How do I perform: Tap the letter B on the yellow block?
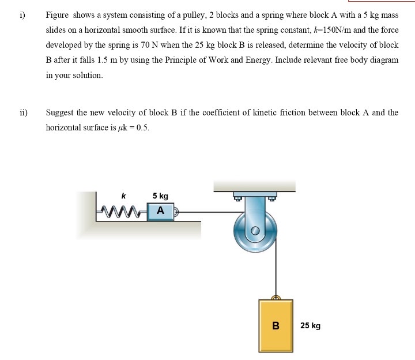coord(276,325)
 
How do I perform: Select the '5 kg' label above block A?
coord(160,196)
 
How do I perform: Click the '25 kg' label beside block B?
coord(311,326)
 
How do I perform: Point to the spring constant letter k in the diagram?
coord(124,196)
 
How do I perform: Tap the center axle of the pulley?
coord(255,231)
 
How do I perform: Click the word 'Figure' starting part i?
coord(58,14)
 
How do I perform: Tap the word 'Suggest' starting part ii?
coord(59,112)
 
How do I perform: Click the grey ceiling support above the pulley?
coord(254,185)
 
